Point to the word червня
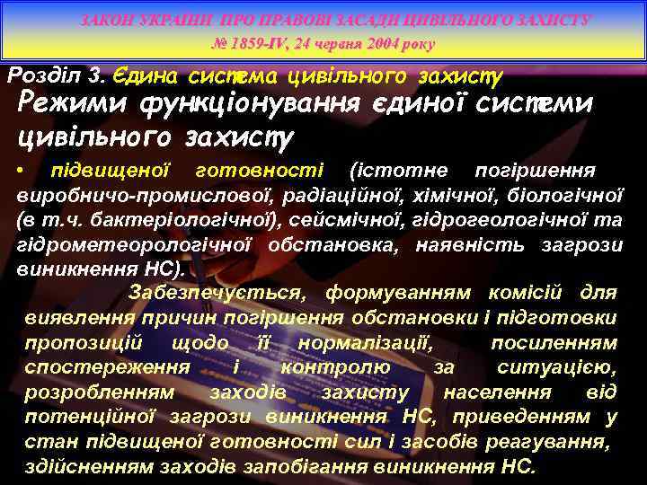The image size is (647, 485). pos(329,43)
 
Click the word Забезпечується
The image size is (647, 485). pos(218,292)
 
